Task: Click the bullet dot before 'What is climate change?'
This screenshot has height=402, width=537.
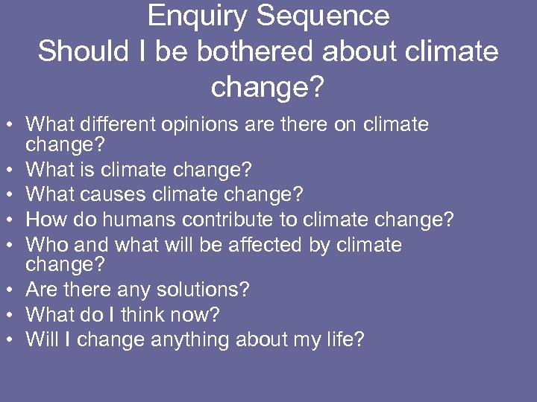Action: (x=13, y=170)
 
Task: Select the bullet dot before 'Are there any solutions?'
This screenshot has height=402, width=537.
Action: (x=13, y=290)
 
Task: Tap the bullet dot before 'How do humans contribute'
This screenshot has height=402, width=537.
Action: (x=13, y=220)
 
